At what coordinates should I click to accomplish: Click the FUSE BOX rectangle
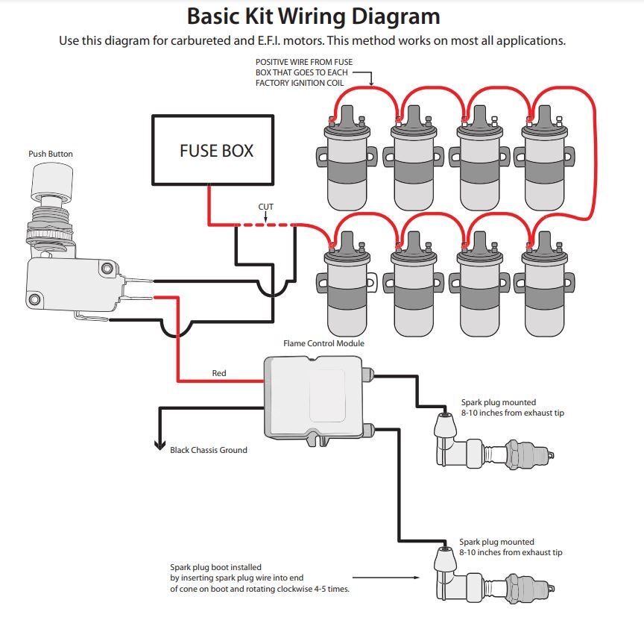pyautogui.click(x=213, y=150)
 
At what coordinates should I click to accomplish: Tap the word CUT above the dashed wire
pyautogui.click(x=266, y=207)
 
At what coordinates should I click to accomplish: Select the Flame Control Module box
pyautogui.click(x=312, y=397)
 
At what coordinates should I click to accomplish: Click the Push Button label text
pyautogui.click(x=51, y=154)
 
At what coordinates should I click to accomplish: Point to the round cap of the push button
pyautogui.click(x=54, y=180)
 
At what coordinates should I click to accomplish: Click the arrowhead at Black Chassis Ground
pyautogui.click(x=159, y=445)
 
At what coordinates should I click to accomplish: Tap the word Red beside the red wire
pyautogui.click(x=219, y=373)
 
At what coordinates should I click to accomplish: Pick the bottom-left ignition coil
pyautogui.click(x=346, y=287)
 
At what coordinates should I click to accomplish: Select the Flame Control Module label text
pyautogui.click(x=323, y=343)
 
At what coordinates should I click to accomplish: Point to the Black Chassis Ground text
pyautogui.click(x=209, y=450)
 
